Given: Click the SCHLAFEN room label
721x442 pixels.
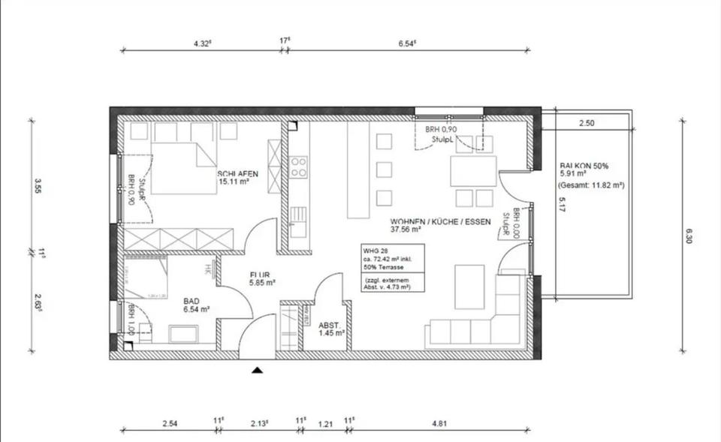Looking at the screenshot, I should (238, 173).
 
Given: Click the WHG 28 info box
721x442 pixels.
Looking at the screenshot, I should (393, 268).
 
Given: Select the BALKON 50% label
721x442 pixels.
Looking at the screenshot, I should (584, 167).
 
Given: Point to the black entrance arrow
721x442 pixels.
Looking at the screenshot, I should (258, 369).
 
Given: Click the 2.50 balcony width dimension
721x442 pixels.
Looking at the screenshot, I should (587, 123).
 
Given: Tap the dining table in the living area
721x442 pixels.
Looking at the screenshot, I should (473, 171).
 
